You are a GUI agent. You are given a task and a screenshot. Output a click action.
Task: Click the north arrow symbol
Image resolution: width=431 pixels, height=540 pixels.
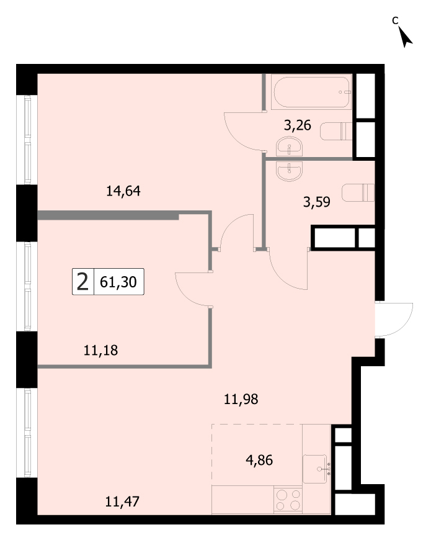(x=406, y=37)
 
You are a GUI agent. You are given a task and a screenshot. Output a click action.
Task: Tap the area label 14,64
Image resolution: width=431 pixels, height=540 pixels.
(x=123, y=191)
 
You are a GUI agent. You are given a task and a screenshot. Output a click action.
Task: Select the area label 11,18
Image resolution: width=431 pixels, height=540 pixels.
(x=101, y=350)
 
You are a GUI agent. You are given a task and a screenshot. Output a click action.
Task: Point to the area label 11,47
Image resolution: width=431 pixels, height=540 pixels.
(x=122, y=502)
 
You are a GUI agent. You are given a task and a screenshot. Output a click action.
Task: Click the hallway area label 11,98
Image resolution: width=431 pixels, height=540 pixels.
(x=241, y=399)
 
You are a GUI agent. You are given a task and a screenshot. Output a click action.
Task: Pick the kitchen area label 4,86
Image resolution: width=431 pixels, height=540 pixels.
(x=259, y=460)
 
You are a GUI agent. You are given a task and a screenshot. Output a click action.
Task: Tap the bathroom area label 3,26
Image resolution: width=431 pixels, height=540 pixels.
(x=298, y=125)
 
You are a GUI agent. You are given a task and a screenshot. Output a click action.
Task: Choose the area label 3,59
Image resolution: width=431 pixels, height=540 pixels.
(x=316, y=202)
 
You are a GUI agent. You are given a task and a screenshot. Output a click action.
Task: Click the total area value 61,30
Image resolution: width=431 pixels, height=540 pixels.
(x=118, y=282)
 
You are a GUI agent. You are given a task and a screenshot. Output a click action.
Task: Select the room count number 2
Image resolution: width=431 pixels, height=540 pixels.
(x=82, y=282)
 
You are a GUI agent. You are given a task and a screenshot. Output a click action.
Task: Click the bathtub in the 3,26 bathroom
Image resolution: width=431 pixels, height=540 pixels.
(x=312, y=92)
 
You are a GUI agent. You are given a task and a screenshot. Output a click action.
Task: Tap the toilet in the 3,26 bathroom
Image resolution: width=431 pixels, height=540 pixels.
(x=336, y=131)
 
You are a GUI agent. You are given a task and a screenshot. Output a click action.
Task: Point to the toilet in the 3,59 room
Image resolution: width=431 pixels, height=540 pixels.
(x=358, y=192)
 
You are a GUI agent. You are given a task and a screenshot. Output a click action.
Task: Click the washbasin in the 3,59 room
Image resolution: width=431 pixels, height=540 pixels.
(x=289, y=171)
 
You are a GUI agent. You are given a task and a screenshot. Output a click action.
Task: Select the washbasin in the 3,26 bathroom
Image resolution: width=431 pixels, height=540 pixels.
(x=289, y=146)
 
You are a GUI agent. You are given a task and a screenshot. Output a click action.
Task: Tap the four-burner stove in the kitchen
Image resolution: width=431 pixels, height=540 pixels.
(x=288, y=500)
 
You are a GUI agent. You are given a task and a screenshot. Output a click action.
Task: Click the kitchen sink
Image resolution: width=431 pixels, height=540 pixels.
(x=316, y=469)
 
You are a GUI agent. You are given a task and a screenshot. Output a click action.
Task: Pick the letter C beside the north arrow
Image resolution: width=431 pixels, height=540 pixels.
(x=395, y=20)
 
